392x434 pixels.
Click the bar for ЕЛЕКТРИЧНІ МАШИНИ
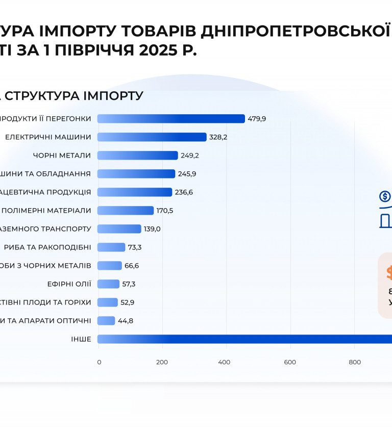coord(152,137)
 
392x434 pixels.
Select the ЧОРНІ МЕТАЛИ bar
coord(137,155)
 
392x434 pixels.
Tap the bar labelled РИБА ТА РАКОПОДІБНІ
coord(111,247)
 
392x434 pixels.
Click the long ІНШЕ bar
coord(245,339)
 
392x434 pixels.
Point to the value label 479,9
coord(257,119)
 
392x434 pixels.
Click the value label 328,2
coord(218,137)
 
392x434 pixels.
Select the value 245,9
coord(187,174)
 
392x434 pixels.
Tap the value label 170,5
coord(165,211)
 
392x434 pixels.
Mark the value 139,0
coord(152,229)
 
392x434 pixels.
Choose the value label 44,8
coord(126,321)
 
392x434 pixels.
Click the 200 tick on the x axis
coord(162,362)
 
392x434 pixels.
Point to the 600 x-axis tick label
coord(290,362)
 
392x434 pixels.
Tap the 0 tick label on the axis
coord(99,362)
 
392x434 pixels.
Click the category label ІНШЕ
coord(81,339)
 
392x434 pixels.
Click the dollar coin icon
coord(385,196)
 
